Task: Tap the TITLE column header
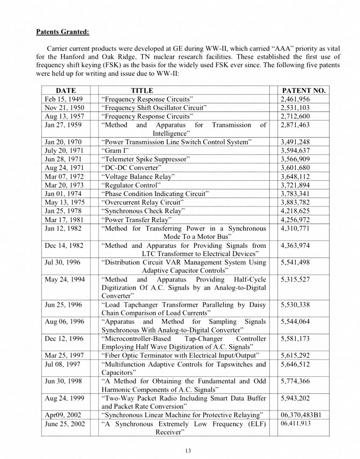point(142,91)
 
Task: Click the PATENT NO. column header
point(303,91)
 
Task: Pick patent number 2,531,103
point(295,107)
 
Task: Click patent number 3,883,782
point(295,203)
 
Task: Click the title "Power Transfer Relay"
point(136,220)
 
